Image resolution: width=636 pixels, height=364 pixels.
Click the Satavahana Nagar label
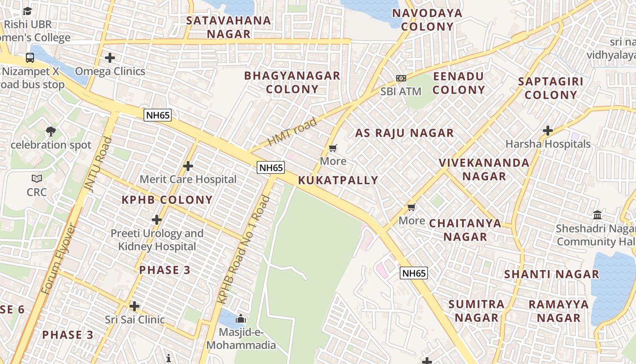(229, 27)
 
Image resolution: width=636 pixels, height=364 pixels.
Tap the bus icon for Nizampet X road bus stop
(30, 58)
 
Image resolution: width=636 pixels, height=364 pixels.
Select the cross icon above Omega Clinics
(110, 58)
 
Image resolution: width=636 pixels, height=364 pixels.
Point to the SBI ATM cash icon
(401, 78)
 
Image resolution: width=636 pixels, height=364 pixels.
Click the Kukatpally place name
(338, 180)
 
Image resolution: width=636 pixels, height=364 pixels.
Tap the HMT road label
(292, 132)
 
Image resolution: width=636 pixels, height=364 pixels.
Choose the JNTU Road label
(98, 164)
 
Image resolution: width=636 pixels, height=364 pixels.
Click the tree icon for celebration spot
(51, 131)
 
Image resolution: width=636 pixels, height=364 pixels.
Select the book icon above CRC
(37, 178)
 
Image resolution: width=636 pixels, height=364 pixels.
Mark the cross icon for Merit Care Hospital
(188, 166)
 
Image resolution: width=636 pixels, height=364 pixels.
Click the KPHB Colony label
(167, 200)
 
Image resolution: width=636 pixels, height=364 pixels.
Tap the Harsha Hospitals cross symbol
(548, 131)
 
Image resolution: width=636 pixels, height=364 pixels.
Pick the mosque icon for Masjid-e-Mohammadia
(241, 318)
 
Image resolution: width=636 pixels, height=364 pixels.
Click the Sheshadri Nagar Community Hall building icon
(597, 215)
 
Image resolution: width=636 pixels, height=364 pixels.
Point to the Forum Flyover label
(60, 259)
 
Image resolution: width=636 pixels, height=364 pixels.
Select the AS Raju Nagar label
(404, 133)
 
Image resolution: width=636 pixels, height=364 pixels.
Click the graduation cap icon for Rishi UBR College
(28, 11)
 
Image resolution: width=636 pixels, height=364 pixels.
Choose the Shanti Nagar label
(552, 274)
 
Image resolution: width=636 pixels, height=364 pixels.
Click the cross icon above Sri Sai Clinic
(134, 306)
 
